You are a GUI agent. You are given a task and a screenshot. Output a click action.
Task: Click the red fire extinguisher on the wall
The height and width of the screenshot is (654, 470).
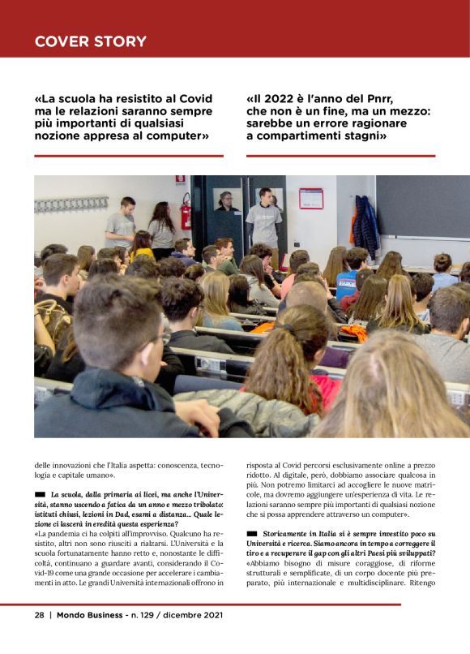click(186, 213)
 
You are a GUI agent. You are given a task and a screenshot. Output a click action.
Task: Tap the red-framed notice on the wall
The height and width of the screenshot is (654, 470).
click(310, 199)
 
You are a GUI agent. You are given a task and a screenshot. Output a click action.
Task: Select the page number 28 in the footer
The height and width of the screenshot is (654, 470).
click(39, 615)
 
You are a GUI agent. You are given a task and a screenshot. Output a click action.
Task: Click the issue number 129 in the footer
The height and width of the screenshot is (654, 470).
click(150, 615)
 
